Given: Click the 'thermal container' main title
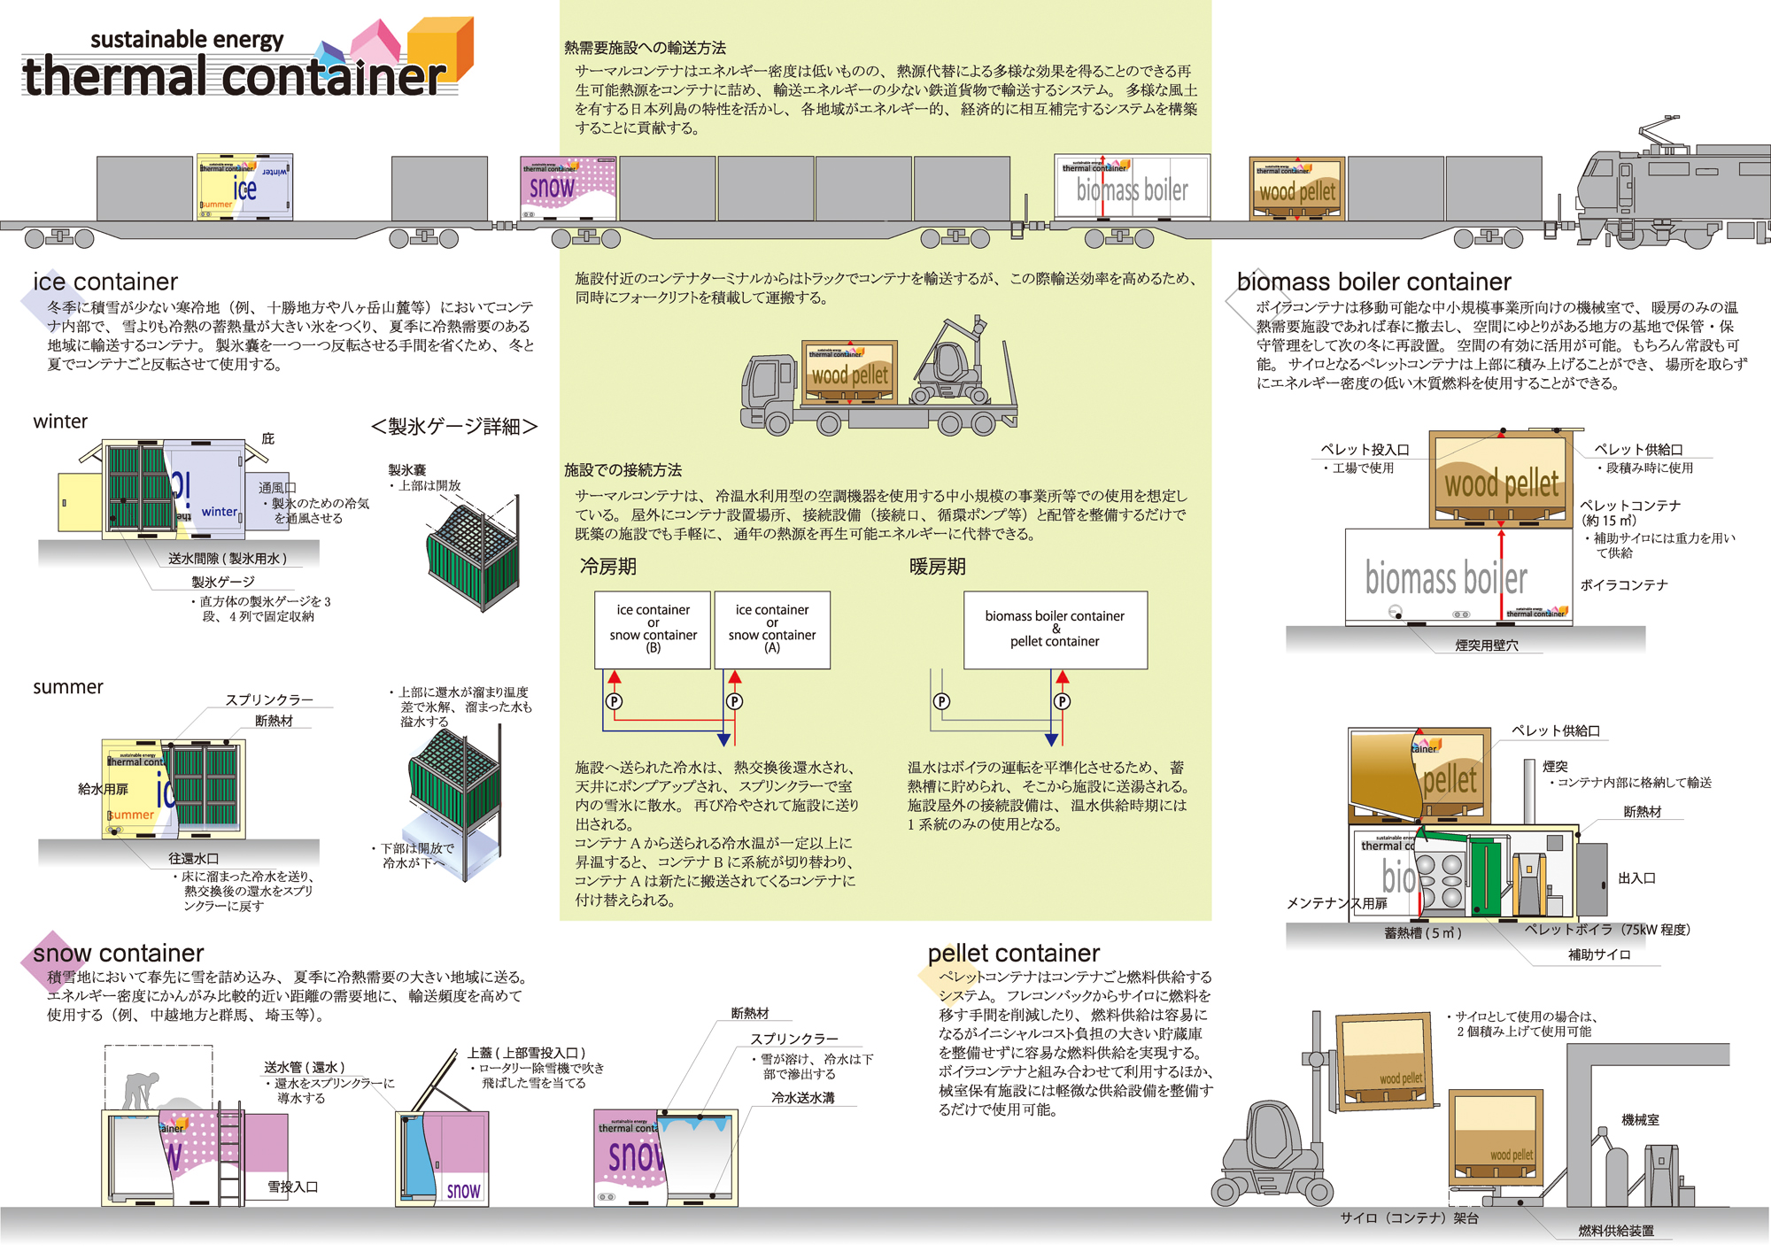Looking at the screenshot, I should click(235, 76).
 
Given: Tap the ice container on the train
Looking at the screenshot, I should click(244, 188).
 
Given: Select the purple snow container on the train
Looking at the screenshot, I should click(568, 188).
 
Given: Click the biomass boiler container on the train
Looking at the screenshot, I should click(1132, 188).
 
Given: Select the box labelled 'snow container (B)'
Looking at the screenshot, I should click(653, 630).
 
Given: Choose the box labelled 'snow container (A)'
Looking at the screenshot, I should click(772, 630).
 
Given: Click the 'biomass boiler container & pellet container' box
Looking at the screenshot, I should click(1055, 630).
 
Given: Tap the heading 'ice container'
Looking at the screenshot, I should click(105, 282).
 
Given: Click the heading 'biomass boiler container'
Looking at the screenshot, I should click(1373, 282).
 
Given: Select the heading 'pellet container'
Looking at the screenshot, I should click(1013, 953).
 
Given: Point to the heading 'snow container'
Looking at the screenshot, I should click(119, 953).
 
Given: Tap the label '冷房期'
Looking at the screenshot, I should click(607, 567).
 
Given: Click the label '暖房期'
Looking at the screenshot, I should click(937, 567).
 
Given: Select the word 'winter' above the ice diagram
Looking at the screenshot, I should click(60, 421).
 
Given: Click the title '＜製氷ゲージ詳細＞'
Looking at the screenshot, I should click(454, 427).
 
